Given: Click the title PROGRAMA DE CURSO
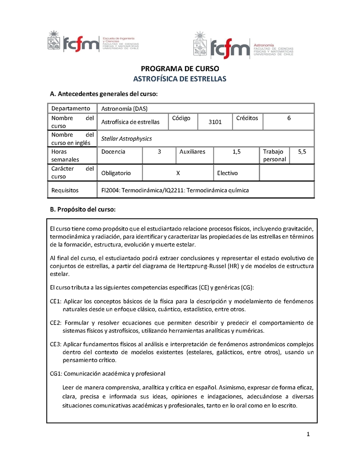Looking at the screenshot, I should pos(180,69).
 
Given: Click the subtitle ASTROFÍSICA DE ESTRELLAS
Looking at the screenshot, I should pos(180,79).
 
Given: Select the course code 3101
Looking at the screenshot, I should pos(215,122).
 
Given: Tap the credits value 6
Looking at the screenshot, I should pos(288,118).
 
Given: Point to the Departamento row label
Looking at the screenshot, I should pos(71,109).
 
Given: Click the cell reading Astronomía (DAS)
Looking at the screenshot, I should pos(124,109).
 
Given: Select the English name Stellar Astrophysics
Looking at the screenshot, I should pos(126,139).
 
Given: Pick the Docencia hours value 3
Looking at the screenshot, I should pos(159,152).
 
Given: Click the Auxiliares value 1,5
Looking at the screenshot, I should pos(237,152).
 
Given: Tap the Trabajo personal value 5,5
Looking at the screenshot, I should pos(302,152).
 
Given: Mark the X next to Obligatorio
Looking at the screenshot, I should pos(178,173).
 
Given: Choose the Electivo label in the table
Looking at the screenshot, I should pos(227,173).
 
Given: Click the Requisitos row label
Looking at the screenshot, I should pos(65,190).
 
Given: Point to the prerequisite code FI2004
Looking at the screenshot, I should pos(111,190).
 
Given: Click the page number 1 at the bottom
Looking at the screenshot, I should pos(308,434).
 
